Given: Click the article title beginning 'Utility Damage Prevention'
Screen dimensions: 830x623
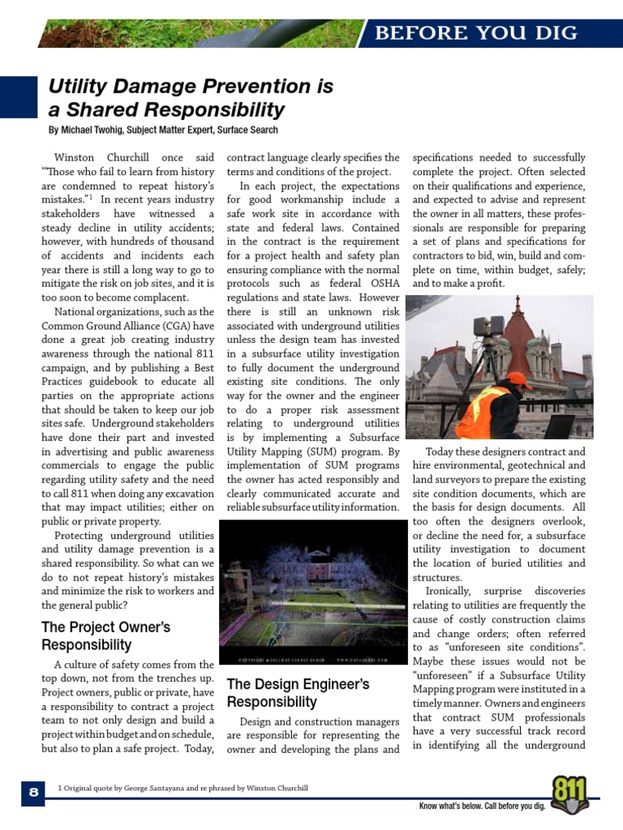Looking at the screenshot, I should pos(191,98).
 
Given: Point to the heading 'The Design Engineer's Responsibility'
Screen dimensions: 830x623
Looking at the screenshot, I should pos(298,693).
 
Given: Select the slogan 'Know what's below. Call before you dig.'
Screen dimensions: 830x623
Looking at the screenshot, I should pos(482,806).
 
